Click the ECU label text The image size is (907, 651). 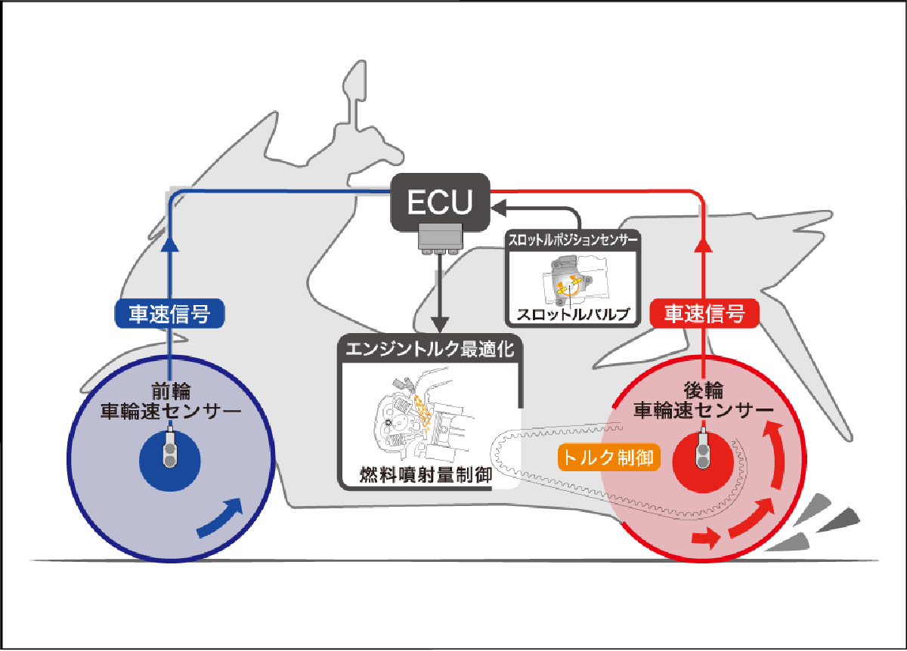pyautogui.click(x=440, y=202)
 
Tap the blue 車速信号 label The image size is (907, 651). pyautogui.click(x=169, y=313)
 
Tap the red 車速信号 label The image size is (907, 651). pyautogui.click(x=704, y=313)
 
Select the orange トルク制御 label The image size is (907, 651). pyautogui.click(x=609, y=458)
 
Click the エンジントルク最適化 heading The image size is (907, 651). pyautogui.click(x=429, y=349)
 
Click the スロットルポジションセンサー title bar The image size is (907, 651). pyautogui.click(x=573, y=240)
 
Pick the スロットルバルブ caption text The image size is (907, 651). pyautogui.click(x=573, y=314)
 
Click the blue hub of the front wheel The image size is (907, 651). pyautogui.click(x=169, y=461)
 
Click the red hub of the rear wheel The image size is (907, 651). pyautogui.click(x=703, y=461)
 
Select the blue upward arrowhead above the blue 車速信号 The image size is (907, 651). pyautogui.click(x=169, y=245)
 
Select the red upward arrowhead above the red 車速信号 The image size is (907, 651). pyautogui.click(x=704, y=245)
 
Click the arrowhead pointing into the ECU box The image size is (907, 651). pyautogui.click(x=499, y=208)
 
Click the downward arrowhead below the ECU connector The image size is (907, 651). pyautogui.click(x=440, y=325)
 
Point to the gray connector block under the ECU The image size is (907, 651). pyautogui.click(x=440, y=239)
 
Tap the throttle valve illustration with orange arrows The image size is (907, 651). pyautogui.click(x=575, y=280)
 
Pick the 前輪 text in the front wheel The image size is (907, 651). pyautogui.click(x=171, y=391)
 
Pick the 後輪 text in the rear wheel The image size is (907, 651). pyautogui.click(x=704, y=390)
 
